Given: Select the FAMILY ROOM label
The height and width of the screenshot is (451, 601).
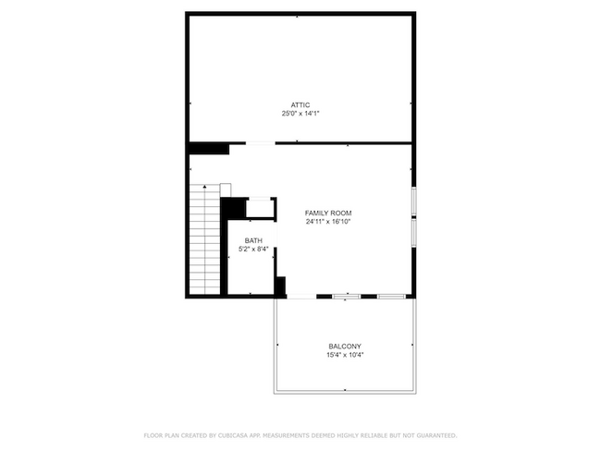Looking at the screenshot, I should point(328,213).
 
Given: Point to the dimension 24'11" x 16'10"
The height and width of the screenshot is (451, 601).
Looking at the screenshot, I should point(328,222).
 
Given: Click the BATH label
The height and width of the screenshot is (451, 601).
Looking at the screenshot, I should point(253,241).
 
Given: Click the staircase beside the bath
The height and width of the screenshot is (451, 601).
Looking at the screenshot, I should point(204,240).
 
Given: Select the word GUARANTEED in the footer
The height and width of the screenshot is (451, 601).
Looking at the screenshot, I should point(435,435).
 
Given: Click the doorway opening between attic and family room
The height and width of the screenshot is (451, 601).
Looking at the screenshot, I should point(260,143).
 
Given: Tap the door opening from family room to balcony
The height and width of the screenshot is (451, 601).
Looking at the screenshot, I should point(301,296).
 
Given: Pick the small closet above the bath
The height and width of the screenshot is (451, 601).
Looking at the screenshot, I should point(260,208).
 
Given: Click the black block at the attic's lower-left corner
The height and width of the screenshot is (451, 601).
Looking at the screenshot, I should point(208,148).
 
